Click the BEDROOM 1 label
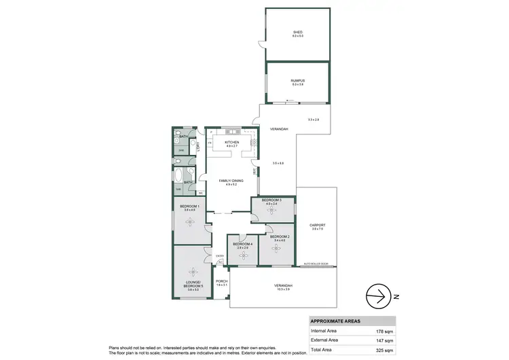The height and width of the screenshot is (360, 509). point(189,206)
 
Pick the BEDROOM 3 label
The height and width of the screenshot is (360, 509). point(273,200)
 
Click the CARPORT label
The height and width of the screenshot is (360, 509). point(318,225)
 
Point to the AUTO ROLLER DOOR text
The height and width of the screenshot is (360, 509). point(316,263)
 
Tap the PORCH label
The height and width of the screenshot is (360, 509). point(221,281)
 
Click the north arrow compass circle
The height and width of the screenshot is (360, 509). point(380,296)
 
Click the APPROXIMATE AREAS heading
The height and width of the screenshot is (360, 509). point(335,321)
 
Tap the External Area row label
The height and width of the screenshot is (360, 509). point(324,340)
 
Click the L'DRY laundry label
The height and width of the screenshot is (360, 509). point(197,145)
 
